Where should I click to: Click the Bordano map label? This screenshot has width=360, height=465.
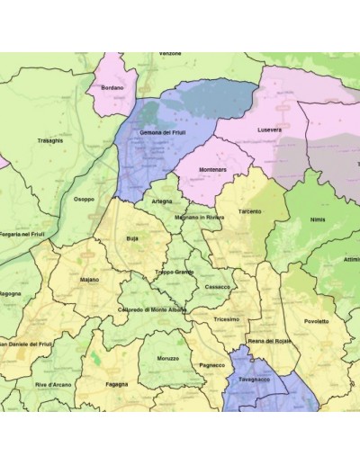pyautogui.click(x=112, y=87)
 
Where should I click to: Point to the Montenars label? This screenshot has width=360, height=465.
pyautogui.click(x=212, y=170)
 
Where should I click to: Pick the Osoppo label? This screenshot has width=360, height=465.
pyautogui.click(x=84, y=200)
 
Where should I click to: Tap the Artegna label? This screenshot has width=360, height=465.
pyautogui.click(x=162, y=201)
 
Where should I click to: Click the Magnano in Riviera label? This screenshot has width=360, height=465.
pyautogui.click(x=200, y=217)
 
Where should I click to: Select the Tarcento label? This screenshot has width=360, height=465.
pyautogui.click(x=250, y=211)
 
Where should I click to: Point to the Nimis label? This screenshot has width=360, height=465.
pyautogui.click(x=315, y=219)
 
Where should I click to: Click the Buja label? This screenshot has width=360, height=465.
pyautogui.click(x=132, y=239)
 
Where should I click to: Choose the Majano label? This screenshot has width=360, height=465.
pyautogui.click(x=89, y=280)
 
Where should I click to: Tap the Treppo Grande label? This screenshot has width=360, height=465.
pyautogui.click(x=174, y=272)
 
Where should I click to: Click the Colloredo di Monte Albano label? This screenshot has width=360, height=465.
pyautogui.click(x=151, y=309)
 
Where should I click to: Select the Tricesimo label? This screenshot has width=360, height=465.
pyautogui.click(x=227, y=319)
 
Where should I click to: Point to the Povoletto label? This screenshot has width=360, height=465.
pyautogui.click(x=316, y=321)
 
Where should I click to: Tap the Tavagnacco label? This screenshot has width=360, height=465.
pyautogui.click(x=257, y=380)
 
